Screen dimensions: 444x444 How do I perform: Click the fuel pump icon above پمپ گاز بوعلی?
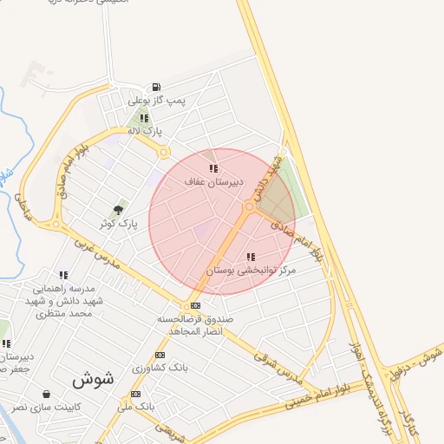pyautogui.click(x=155, y=87)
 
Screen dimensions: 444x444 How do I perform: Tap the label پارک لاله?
pyautogui.click(x=145, y=131)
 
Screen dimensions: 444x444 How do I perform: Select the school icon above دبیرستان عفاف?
pyautogui.click(x=213, y=168)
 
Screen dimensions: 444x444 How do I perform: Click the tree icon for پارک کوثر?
pyautogui.click(x=118, y=210)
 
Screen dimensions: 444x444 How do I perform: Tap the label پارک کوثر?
pyautogui.click(x=119, y=224)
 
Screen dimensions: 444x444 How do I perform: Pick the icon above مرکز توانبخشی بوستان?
pyautogui.click(x=251, y=257)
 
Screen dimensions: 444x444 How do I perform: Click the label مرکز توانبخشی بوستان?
pyautogui.click(x=251, y=271)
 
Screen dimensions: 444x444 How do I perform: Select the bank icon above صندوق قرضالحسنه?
pyautogui.click(x=195, y=305)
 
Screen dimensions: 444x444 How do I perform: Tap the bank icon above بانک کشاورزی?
pyautogui.click(x=160, y=356)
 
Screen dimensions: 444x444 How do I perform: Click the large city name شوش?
pyautogui.click(x=93, y=380)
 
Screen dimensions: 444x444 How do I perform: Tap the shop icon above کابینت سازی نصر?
pyautogui.click(x=45, y=394)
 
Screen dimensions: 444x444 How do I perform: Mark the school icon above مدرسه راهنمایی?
pyautogui.click(x=63, y=275)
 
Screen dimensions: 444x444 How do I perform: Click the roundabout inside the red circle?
pyautogui.click(x=250, y=206)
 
